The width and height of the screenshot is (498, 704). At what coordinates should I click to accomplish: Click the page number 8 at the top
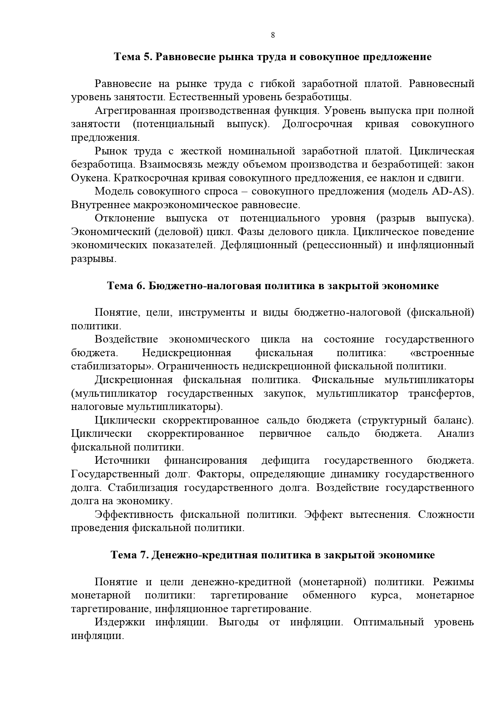273,35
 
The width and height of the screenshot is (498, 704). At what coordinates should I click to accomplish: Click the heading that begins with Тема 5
273,57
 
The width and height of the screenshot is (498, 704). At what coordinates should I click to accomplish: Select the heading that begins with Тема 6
273,286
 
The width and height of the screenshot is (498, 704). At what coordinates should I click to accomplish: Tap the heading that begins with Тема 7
273,555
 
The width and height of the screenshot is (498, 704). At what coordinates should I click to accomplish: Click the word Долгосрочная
317,124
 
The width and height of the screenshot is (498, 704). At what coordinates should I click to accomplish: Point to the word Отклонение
125,218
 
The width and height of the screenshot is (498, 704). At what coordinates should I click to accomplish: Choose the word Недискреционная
187,353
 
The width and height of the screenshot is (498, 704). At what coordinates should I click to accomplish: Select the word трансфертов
441,394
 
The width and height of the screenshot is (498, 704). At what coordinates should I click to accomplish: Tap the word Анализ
455,434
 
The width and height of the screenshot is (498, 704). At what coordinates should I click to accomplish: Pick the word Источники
122,461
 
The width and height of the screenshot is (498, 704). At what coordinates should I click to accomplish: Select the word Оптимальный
389,622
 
